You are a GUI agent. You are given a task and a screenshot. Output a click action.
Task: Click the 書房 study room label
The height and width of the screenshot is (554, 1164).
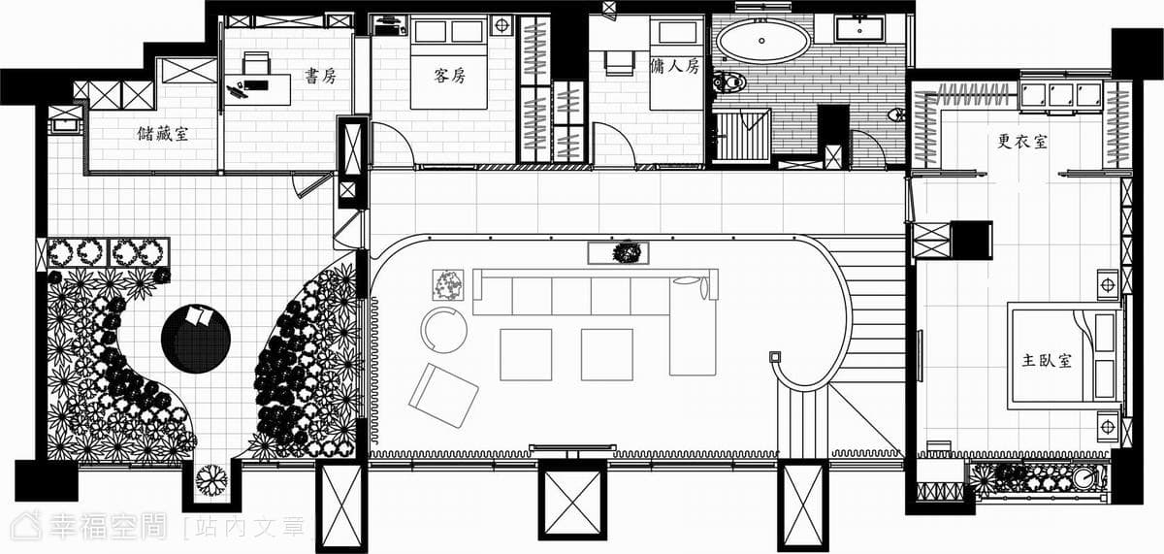[x=321, y=77]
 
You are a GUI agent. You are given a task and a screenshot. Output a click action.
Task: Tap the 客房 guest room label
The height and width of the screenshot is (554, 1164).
[x=449, y=76]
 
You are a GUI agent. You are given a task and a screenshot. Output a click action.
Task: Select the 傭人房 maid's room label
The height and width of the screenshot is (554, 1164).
[x=675, y=66]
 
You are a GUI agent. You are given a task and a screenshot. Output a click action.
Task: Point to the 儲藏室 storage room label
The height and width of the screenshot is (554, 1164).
[x=163, y=134]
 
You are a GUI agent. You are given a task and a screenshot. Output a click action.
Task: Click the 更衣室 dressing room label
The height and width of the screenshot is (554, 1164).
[x=1022, y=142]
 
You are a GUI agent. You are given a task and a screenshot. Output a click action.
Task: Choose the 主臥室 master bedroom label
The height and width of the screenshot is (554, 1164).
[x=1047, y=360]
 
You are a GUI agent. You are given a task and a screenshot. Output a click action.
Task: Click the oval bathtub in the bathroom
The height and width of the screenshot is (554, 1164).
[x=762, y=41]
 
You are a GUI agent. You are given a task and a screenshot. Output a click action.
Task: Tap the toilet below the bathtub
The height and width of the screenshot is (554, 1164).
[x=729, y=81]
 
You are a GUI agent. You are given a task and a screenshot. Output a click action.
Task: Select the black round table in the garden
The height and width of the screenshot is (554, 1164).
[x=195, y=339]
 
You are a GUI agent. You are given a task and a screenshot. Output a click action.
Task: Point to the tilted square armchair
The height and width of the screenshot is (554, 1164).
[x=443, y=396]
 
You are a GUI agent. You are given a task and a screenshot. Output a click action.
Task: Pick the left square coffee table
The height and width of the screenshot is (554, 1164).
[x=526, y=354]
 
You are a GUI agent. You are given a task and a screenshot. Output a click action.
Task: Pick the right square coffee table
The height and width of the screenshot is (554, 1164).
[x=607, y=354]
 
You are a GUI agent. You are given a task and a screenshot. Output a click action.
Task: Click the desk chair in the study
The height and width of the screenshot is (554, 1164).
[x=256, y=63]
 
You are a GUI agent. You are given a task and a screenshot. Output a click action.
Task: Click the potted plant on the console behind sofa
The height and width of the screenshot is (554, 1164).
[x=626, y=253]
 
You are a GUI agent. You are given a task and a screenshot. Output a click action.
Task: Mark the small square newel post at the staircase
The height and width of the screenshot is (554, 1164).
[x=775, y=357]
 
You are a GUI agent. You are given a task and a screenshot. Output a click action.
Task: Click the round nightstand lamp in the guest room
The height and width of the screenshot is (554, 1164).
[x=501, y=25]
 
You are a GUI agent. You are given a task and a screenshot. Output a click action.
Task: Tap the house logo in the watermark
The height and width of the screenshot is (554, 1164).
[x=26, y=526]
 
